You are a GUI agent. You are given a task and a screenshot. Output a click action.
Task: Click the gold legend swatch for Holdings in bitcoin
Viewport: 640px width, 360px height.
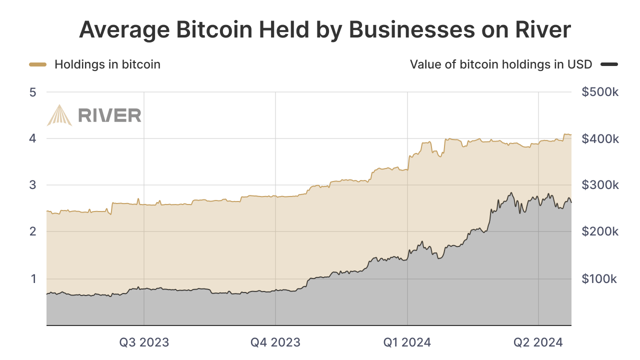click(x=38, y=64)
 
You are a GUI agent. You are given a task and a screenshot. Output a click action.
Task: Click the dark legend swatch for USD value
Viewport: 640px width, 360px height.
click(x=609, y=64)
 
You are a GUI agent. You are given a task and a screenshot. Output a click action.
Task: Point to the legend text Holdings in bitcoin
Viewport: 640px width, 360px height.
click(x=107, y=64)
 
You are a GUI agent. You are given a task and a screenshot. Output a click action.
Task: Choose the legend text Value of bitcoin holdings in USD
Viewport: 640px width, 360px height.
click(x=501, y=64)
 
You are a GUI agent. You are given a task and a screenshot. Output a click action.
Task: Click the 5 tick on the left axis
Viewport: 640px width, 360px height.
click(x=33, y=92)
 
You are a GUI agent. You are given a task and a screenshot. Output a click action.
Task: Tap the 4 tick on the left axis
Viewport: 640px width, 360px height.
click(x=33, y=138)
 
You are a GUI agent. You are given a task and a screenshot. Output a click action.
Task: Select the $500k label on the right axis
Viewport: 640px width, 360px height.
click(x=600, y=92)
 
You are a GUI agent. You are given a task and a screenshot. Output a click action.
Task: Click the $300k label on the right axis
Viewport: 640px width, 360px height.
click(x=600, y=185)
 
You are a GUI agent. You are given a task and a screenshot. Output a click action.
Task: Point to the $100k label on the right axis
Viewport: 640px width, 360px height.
click(x=600, y=278)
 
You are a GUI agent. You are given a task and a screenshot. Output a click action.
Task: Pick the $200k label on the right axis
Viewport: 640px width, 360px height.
click(x=600, y=231)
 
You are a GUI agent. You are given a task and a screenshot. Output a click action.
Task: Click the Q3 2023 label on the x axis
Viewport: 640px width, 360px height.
click(x=144, y=342)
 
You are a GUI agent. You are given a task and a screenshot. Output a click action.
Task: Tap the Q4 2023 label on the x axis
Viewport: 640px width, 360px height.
click(x=275, y=342)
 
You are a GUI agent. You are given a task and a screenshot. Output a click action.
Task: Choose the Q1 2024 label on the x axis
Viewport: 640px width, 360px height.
click(x=407, y=342)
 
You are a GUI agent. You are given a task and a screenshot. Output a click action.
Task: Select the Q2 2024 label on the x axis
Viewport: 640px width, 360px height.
click(x=538, y=342)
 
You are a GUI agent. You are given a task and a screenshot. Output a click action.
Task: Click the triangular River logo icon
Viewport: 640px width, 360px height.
click(x=59, y=115)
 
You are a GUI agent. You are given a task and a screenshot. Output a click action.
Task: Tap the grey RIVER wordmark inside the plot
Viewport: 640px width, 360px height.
click(x=109, y=115)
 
